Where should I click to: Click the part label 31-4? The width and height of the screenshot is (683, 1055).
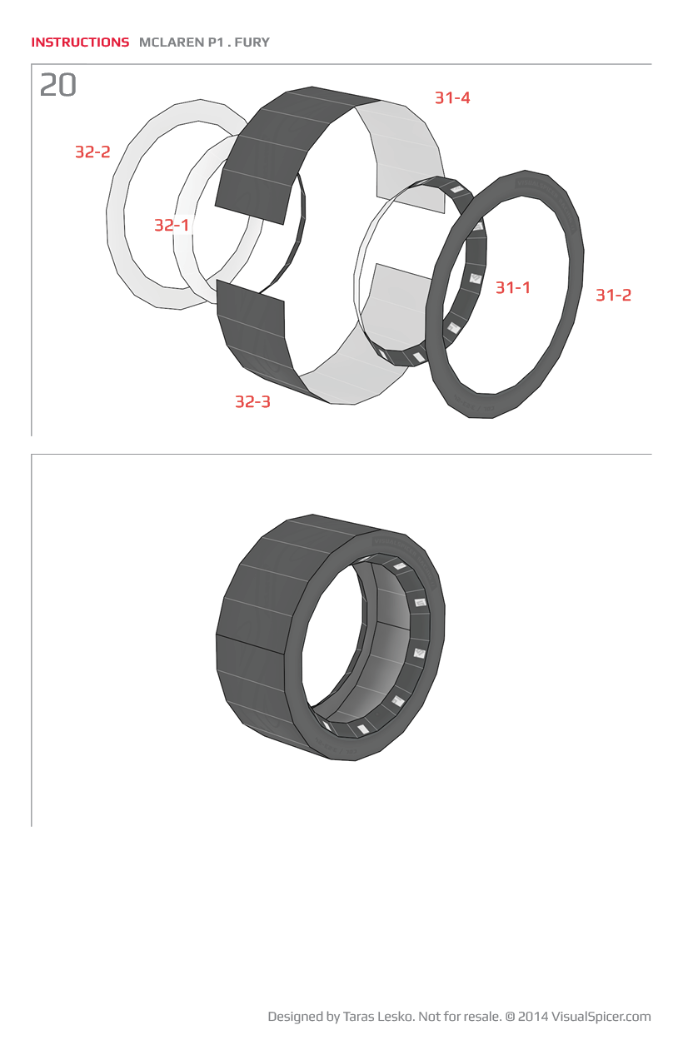[x=452, y=97]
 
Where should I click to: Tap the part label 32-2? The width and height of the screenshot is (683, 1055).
[x=92, y=152]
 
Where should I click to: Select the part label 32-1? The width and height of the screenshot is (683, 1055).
[x=172, y=225]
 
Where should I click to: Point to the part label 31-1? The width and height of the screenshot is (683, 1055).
[x=513, y=287]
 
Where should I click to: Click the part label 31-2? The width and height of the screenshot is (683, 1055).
[x=613, y=295]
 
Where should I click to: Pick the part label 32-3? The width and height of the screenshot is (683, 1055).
[x=253, y=401]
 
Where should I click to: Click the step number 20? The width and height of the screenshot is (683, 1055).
[x=58, y=85]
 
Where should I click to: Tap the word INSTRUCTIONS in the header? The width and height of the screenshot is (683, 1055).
[x=80, y=42]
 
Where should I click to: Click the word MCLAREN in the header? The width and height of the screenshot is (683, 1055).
[x=172, y=42]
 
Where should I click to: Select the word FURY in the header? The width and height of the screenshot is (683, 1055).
[x=252, y=42]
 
